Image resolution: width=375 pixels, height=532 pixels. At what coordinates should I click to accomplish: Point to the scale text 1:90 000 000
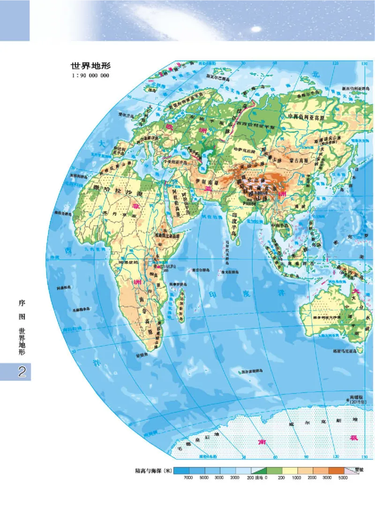point(90,75)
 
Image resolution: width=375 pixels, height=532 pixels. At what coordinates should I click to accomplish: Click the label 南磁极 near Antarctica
point(356,396)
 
